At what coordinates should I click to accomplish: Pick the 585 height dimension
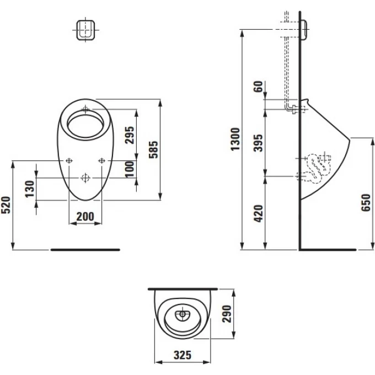154,149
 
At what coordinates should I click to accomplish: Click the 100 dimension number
130,169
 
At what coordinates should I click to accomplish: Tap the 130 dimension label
31,188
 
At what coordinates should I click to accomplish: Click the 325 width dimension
183,356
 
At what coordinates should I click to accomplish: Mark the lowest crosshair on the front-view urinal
85,178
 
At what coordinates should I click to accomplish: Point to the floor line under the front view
85,249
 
